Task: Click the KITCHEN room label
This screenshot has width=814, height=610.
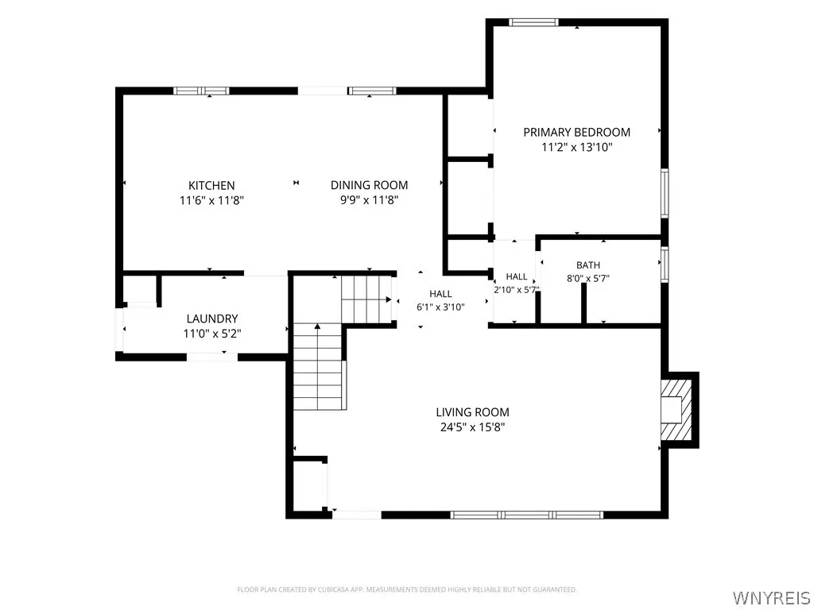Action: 211,185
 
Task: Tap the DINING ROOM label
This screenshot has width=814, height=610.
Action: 369,185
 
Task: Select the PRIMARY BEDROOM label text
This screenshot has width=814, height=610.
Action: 577,133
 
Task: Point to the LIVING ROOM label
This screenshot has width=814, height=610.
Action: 472,412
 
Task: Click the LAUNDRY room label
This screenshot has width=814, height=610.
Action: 212,319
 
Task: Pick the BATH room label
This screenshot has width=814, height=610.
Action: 588,265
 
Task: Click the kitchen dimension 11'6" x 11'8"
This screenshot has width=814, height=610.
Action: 211,200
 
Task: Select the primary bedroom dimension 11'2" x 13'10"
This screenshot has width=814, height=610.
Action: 577,147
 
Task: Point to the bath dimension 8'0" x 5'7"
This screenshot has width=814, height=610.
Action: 588,278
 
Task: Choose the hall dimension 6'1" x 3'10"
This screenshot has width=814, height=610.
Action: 440,307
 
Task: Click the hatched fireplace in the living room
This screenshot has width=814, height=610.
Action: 676,410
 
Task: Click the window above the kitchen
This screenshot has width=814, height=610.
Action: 201,91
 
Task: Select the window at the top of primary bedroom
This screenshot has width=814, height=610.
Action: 533,22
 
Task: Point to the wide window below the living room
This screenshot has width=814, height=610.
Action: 527,515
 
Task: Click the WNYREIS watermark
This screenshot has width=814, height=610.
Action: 771,597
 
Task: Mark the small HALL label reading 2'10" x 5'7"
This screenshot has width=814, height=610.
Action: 517,284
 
